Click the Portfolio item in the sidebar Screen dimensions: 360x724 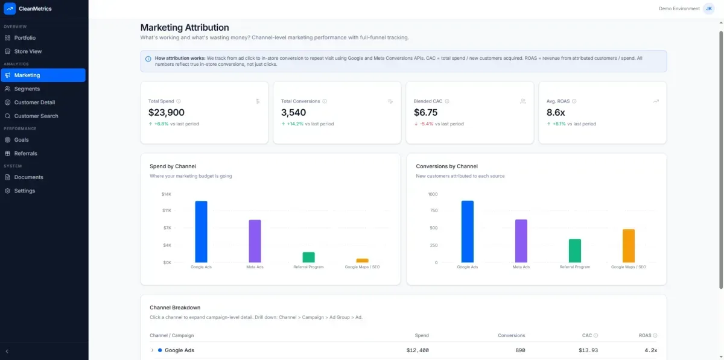pos(25,38)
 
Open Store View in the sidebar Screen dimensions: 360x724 pos(28,51)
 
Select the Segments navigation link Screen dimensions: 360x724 pos(27,89)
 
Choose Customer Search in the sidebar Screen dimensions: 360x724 pos(36,116)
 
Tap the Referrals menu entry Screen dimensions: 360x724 pos(25,153)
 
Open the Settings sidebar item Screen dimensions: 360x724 pos(24,191)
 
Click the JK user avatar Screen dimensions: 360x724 pos(709,8)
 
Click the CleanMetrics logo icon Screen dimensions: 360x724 pos(10,8)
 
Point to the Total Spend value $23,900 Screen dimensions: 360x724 pos(167,112)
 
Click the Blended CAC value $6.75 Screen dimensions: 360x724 pos(426,112)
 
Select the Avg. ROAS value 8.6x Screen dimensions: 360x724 pos(555,112)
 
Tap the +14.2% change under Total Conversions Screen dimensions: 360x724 pos(295,124)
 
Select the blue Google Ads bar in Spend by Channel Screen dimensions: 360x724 pos(201,232)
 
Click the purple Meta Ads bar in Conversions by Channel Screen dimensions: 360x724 pos(521,241)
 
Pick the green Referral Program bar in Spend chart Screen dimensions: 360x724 pos(308,257)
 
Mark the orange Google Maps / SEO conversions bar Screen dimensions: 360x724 pos(628,245)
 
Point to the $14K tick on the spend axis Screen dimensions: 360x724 pos(166,194)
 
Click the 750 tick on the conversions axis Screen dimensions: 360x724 pos(432,211)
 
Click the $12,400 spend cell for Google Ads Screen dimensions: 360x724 pos(417,350)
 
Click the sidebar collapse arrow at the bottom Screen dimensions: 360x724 pos(7,351)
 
